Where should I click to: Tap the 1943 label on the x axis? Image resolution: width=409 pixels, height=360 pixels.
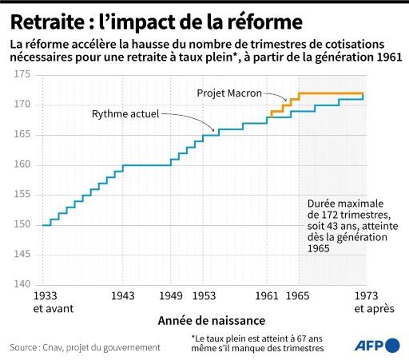click(122, 296)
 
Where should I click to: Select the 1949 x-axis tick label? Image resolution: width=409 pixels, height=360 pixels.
click(170, 296)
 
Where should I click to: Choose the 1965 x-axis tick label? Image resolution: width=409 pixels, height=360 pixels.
click(299, 296)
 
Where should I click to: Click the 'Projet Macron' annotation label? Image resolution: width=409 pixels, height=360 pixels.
click(231, 93)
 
